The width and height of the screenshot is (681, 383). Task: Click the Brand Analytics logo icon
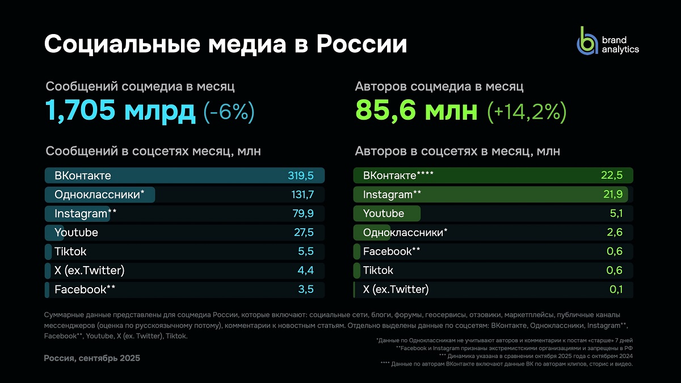(x=587, y=41)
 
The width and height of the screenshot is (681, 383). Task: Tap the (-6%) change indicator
(x=229, y=112)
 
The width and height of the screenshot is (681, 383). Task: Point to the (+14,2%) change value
(x=526, y=112)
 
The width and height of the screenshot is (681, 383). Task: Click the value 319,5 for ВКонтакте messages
(x=300, y=175)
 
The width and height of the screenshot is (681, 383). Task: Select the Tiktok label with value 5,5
(x=70, y=251)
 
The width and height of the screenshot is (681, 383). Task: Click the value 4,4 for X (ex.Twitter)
(x=305, y=271)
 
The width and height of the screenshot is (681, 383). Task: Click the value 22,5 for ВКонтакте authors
(x=611, y=175)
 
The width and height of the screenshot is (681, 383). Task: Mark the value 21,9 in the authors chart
(x=612, y=195)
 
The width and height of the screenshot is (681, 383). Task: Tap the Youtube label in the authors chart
(x=384, y=213)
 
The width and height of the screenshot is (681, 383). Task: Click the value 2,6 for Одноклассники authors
(x=614, y=233)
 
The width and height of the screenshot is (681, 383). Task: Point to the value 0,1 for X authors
(x=616, y=289)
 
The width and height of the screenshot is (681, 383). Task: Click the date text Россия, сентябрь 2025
(x=92, y=358)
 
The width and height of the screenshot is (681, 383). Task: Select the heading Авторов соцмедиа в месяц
(x=439, y=87)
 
